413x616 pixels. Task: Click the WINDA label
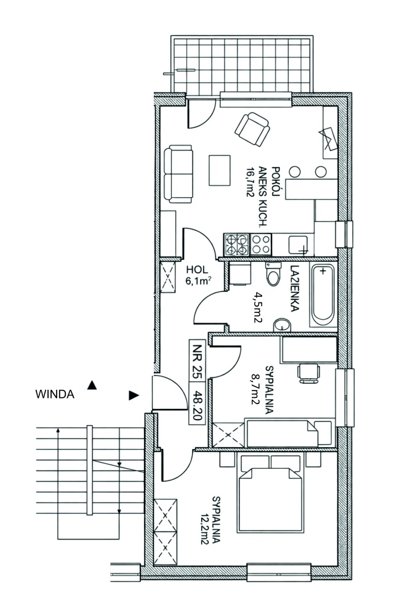(x=55, y=394)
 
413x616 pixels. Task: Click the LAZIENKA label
(x=294, y=289)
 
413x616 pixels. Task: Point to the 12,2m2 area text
(x=215, y=525)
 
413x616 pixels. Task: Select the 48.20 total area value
(x=197, y=405)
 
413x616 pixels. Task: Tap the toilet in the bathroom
(x=274, y=274)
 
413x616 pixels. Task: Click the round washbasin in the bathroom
(x=283, y=325)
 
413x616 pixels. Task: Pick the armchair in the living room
(x=252, y=129)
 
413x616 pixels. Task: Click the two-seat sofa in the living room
(x=178, y=174)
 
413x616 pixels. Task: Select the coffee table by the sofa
(x=220, y=171)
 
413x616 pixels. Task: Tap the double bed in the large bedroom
(x=271, y=493)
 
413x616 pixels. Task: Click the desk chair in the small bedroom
(x=308, y=373)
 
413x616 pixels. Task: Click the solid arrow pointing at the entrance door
(x=134, y=395)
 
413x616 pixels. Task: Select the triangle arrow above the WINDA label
(x=92, y=385)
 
